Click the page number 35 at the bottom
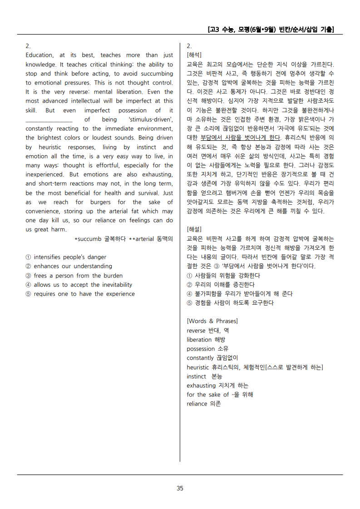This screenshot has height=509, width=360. click(x=180, y=488)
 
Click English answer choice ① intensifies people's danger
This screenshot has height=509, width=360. click(x=66, y=257)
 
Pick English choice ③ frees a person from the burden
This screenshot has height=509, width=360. click(x=74, y=276)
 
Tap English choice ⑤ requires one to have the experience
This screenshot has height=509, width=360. click(x=80, y=294)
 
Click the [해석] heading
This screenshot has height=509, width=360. click(x=194, y=55)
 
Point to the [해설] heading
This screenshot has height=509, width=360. click(x=194, y=229)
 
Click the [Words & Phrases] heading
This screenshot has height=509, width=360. click(x=212, y=321)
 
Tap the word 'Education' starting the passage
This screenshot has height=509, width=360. click(x=39, y=55)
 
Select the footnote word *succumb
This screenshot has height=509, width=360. click(x=89, y=238)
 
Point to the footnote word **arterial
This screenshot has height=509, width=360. click(x=143, y=238)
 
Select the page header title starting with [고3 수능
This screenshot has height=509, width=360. click(x=270, y=30)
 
